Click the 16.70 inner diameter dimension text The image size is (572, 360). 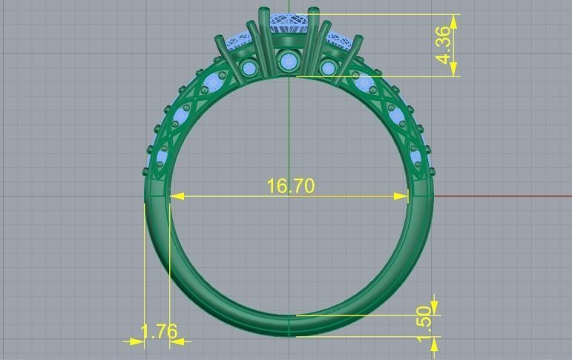pyautogui.click(x=291, y=185)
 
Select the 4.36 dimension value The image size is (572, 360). pyautogui.click(x=443, y=45)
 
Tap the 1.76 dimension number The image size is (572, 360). pyautogui.click(x=159, y=331)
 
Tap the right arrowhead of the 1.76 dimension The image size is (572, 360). pyautogui.click(x=177, y=341)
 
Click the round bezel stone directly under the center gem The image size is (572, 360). pyautogui.click(x=286, y=59)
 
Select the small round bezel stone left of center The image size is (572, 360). pyautogui.click(x=250, y=70)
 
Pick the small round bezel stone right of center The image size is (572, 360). pyautogui.click(x=326, y=70)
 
